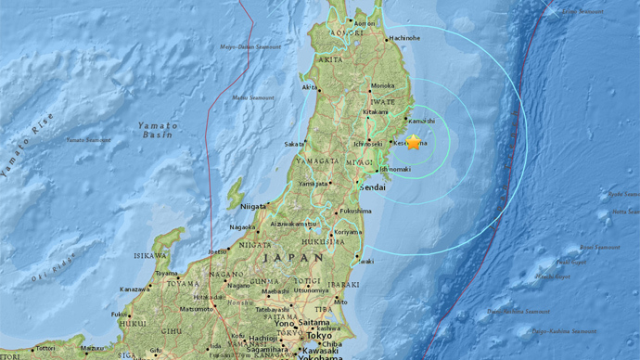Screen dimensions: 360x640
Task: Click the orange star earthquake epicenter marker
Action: [413, 142]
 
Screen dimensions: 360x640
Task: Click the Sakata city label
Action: [294, 144]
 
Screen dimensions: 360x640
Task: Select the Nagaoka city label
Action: [241, 226]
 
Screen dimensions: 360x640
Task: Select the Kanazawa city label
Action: [135, 289]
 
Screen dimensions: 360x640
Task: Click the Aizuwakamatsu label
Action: [294, 224]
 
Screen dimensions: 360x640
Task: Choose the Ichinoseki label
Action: [367, 144]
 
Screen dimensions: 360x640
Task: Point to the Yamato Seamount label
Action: [88, 140]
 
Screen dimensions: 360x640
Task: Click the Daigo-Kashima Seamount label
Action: [564, 331]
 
